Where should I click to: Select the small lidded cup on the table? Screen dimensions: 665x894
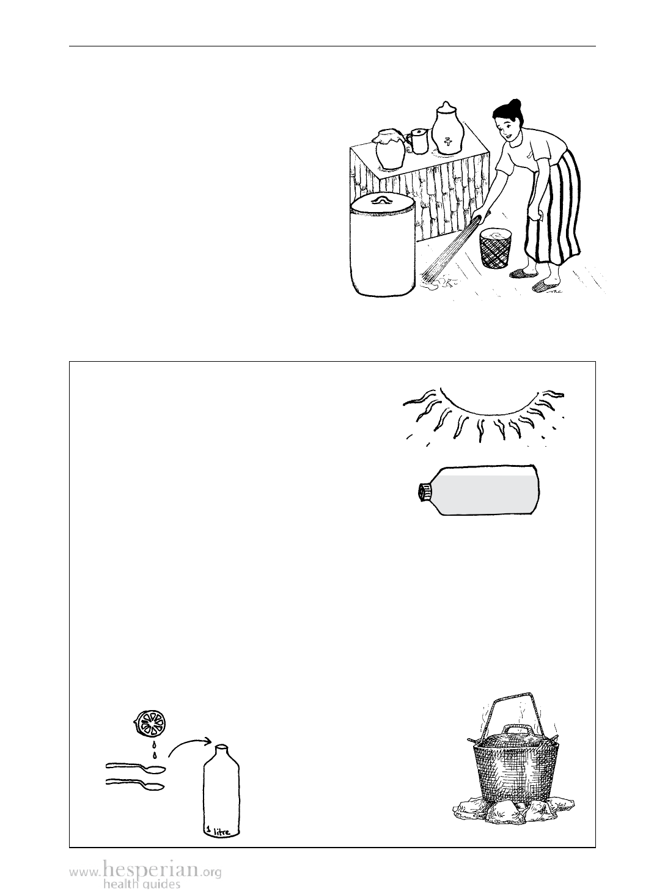(418, 141)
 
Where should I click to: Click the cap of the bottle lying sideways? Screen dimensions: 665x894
(424, 492)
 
